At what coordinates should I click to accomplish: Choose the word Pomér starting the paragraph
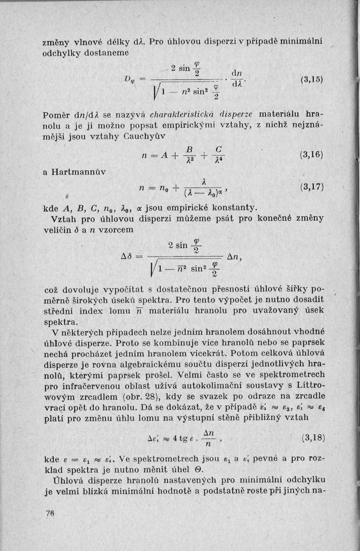[x=56, y=116]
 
